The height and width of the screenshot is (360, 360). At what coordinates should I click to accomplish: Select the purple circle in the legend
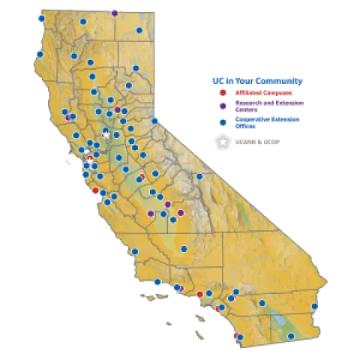click(222, 106)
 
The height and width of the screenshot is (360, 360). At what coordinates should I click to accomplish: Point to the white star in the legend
click(222, 142)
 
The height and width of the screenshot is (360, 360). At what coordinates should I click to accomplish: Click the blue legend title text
click(257, 79)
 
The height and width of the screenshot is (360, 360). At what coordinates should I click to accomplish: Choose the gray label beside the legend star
click(257, 142)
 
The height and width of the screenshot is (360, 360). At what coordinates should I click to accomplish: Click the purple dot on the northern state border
click(114, 13)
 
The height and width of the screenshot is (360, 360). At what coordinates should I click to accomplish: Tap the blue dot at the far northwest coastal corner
click(41, 19)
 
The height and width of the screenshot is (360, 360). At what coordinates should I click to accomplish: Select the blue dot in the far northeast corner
click(139, 31)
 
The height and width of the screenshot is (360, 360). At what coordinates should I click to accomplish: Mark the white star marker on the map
click(106, 135)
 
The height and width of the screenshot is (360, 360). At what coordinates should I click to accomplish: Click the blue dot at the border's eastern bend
click(155, 120)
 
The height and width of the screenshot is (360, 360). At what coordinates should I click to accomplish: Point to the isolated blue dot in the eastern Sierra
click(199, 176)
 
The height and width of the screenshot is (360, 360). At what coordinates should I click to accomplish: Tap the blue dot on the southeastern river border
click(314, 306)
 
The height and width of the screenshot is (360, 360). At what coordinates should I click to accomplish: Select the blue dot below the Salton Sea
click(291, 336)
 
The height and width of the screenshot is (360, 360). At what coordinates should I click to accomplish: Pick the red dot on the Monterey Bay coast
click(95, 190)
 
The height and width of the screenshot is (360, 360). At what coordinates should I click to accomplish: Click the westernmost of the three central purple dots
click(151, 214)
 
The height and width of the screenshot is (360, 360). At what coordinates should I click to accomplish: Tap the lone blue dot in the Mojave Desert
click(263, 303)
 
